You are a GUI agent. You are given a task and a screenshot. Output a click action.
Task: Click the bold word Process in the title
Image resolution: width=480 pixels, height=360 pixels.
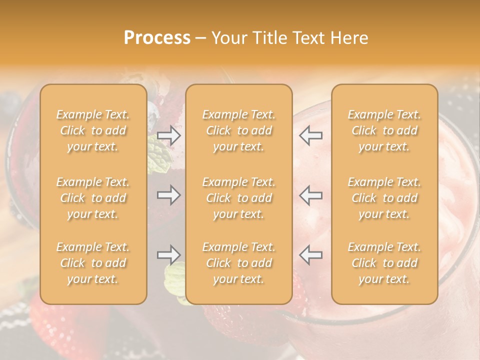click(x=157, y=38)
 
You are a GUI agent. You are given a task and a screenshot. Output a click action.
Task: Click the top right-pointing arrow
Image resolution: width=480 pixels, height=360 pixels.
click(x=169, y=135)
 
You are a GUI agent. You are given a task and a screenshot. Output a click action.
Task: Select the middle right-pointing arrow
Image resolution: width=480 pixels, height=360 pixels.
click(x=169, y=195)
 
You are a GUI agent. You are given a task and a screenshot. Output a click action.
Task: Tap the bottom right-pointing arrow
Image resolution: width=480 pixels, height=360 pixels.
click(x=169, y=255)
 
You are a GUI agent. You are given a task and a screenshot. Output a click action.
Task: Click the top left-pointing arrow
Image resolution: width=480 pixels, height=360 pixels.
click(x=311, y=135)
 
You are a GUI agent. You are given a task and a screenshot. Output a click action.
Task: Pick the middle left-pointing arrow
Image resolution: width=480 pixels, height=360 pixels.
click(x=311, y=195)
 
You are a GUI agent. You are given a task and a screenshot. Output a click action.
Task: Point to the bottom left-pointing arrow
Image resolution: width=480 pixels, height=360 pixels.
click(x=311, y=255)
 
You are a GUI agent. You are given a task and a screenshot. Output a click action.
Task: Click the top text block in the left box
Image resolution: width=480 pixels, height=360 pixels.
click(x=93, y=130)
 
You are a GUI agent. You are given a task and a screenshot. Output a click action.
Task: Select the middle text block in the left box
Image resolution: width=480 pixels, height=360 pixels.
click(x=93, y=198)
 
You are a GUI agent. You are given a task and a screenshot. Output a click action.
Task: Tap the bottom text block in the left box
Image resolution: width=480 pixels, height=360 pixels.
click(x=93, y=263)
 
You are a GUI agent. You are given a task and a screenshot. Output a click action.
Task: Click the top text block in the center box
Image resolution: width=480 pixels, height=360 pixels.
click(x=239, y=130)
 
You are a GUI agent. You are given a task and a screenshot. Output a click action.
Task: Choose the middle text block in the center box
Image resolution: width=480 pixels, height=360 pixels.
click(x=239, y=198)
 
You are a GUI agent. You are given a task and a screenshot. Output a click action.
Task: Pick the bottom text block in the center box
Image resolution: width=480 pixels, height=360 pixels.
click(x=239, y=263)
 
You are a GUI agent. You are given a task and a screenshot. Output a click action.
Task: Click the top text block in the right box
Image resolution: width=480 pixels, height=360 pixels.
click(x=384, y=130)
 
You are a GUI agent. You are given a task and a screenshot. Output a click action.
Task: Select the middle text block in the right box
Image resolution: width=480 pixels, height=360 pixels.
click(x=384, y=198)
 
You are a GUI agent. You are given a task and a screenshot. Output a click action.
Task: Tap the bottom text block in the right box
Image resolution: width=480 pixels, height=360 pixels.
click(x=384, y=263)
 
